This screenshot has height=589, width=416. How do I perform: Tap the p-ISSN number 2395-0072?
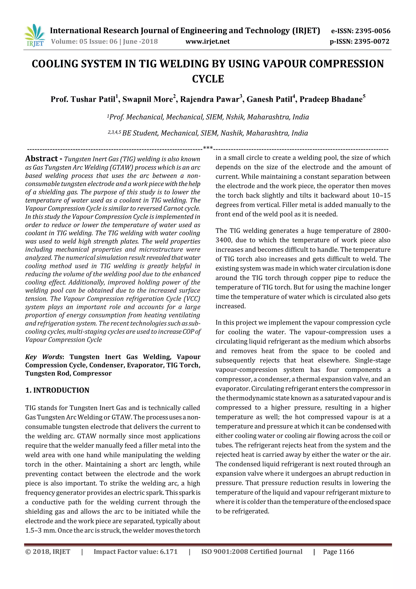pos(372,41)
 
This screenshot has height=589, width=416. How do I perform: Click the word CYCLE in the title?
pos(208,79)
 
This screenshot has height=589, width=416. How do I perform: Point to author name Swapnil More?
pos(147,99)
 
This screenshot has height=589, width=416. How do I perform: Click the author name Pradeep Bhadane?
pos(331,99)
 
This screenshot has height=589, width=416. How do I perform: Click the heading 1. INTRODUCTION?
pos(57,390)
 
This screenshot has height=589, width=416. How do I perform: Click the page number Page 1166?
pos(338,552)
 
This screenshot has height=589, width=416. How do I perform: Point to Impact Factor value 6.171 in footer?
pos(135,552)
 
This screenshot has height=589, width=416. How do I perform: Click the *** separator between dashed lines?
pos(208,148)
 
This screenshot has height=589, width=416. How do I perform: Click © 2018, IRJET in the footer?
pos(48,552)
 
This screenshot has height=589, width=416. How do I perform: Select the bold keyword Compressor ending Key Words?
pos(92,373)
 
